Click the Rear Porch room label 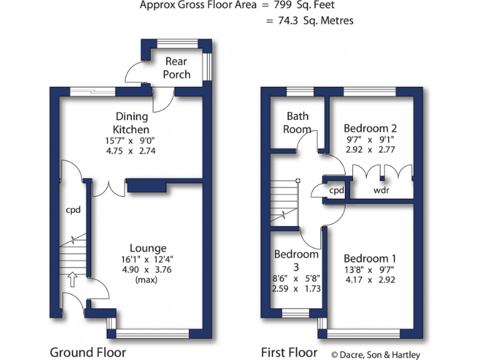coord(177,67)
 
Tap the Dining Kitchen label coord(131,122)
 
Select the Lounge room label coord(148,248)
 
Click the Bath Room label coord(297,122)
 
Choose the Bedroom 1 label coord(369,258)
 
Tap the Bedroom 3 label coord(296,260)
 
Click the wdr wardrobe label coord(381,190)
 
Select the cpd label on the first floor coord(337,190)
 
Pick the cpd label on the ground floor coord(74,210)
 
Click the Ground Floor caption coord(87,352)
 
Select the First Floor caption coord(289,352)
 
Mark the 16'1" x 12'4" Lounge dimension coord(148,259)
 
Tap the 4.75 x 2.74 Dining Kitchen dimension coord(131,151)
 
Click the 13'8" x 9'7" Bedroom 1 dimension coord(369,270)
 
